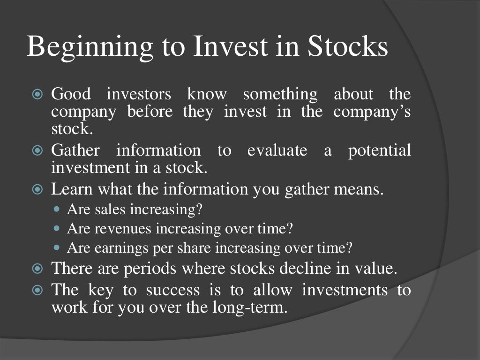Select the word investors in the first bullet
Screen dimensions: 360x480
click(x=139, y=94)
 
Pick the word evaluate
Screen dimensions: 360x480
click(x=277, y=150)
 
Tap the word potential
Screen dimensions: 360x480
click(x=379, y=151)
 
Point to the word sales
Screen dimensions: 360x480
click(x=111, y=209)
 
